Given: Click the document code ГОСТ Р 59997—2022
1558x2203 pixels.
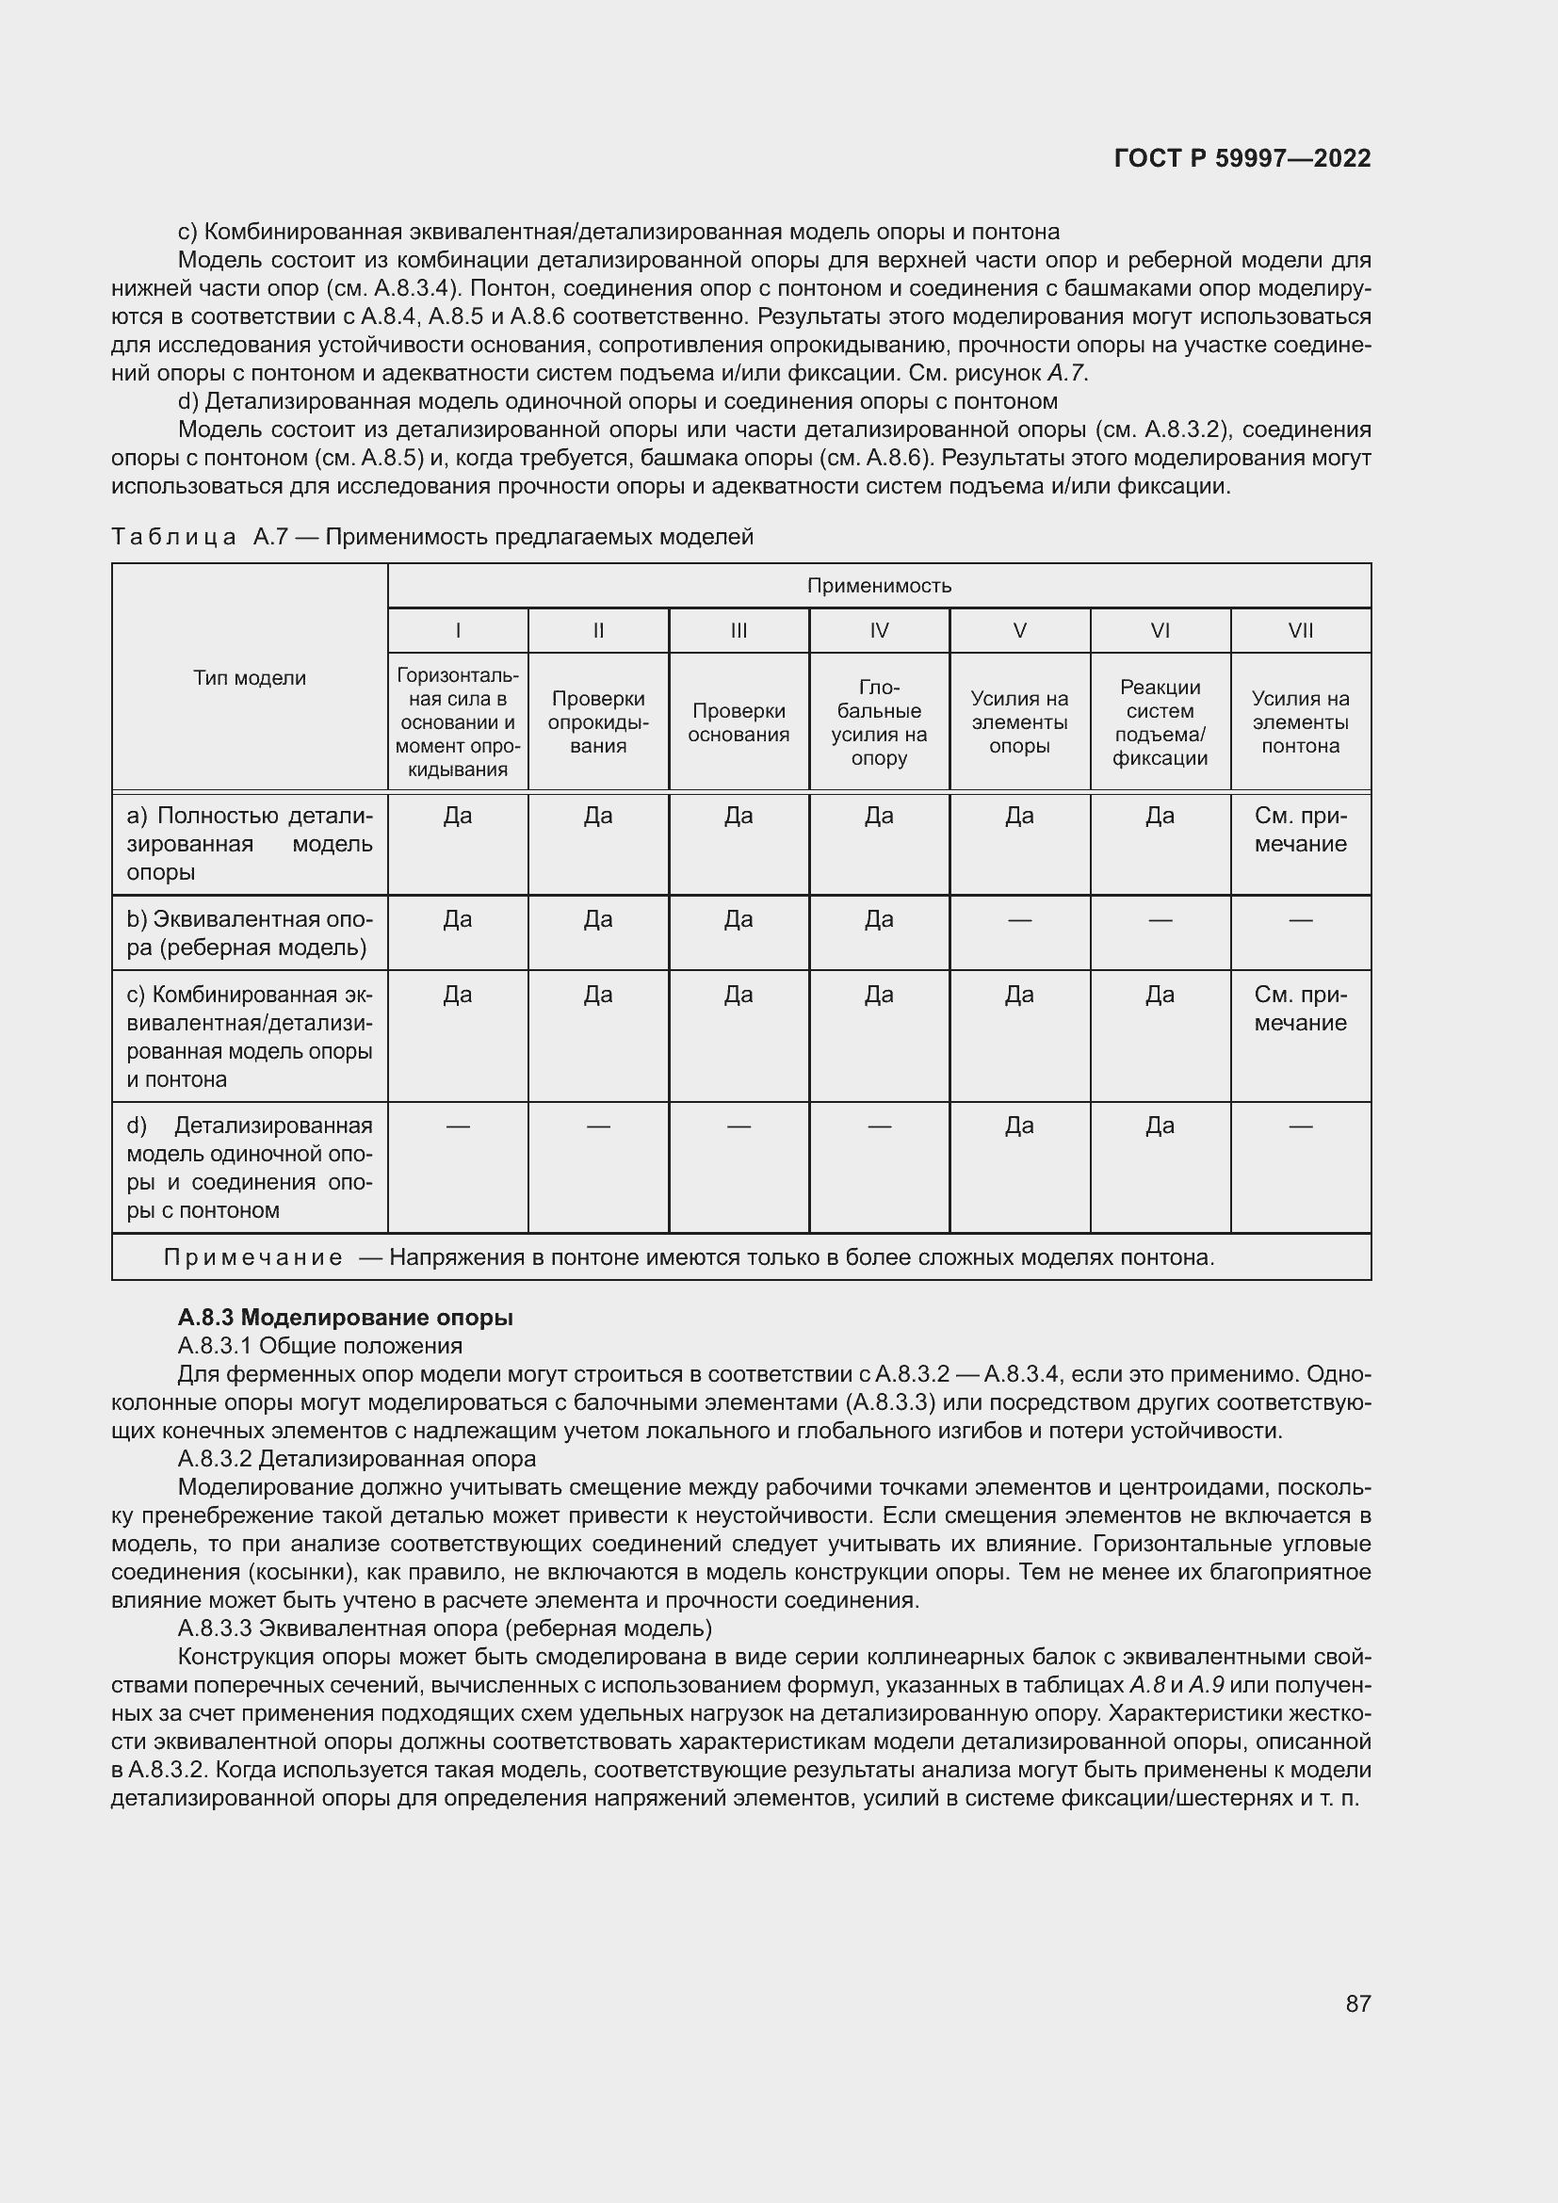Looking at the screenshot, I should click(1242, 158).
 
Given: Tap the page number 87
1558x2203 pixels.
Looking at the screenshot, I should click(1357, 2003).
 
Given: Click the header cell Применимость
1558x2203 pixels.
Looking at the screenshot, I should click(878, 585).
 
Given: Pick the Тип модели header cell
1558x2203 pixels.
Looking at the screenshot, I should click(250, 677).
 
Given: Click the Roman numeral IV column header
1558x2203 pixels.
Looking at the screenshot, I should click(878, 630).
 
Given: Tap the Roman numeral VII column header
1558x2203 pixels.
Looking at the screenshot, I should click(1300, 630).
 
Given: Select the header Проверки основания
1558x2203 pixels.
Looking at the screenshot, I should click(738, 722).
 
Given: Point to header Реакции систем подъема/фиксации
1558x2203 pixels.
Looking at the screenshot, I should click(1159, 722).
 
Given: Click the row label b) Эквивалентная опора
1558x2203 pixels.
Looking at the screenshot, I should click(250, 932).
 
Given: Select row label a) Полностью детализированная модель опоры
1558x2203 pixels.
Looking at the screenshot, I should click(250, 843).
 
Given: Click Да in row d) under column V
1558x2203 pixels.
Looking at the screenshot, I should click(1019, 1125).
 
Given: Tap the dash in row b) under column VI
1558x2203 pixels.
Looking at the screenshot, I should click(1159, 920).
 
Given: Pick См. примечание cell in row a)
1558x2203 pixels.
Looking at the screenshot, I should click(1300, 829).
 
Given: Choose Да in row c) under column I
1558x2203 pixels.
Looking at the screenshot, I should click(458, 994).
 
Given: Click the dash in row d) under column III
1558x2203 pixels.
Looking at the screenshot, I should click(738, 1126).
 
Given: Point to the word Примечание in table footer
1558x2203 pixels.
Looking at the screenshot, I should click(252, 1257).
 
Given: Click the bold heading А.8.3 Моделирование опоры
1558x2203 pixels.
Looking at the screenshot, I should click(346, 1318).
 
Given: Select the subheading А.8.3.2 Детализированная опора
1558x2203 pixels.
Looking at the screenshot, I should click(357, 1458).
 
